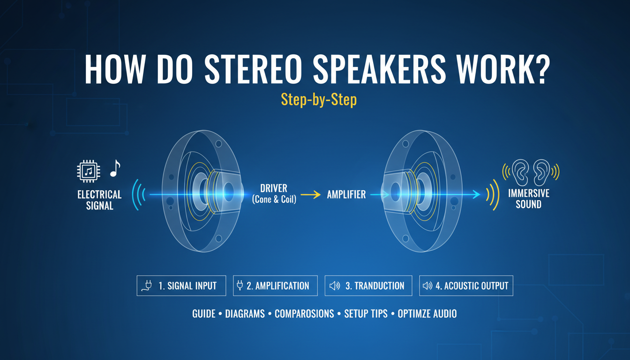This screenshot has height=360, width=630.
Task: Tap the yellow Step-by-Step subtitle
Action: coord(318,99)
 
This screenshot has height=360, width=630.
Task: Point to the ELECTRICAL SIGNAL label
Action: coord(99,200)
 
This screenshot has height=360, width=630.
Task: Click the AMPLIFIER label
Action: coord(346,194)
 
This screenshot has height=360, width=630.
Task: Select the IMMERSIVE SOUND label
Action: coord(528,198)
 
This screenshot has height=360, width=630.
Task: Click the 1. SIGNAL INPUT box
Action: coord(181,285)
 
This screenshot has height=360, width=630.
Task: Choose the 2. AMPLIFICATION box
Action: coord(275,285)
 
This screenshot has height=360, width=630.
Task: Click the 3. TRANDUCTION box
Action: coord(368,285)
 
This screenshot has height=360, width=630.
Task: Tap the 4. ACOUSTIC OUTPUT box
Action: coord(466,285)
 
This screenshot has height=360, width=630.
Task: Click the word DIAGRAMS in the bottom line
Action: coord(245,314)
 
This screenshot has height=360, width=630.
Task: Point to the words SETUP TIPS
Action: coord(366,314)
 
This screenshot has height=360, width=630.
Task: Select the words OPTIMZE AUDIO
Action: coord(427,314)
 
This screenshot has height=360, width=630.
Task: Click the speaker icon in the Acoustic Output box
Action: coord(427,285)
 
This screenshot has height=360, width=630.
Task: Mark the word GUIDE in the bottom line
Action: coord(203,314)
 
